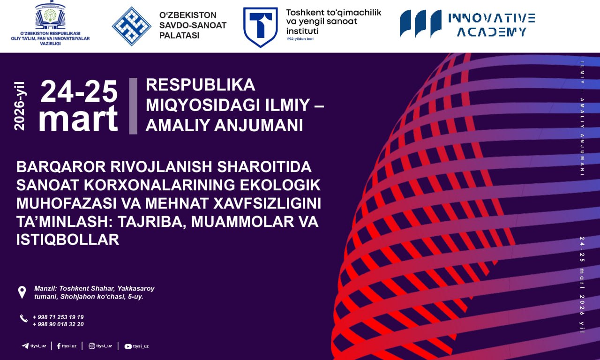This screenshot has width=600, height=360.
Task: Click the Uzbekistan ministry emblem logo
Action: [x=50, y=17]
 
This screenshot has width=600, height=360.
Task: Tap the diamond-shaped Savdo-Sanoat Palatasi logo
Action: [x=131, y=26]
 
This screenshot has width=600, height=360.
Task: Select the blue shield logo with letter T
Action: [x=260, y=27]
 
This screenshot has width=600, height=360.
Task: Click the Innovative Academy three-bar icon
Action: [x=420, y=23]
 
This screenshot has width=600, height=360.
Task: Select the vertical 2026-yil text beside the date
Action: [x=20, y=106]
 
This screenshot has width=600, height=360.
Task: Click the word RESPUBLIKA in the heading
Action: [x=201, y=85]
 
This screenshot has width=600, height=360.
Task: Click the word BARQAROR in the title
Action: [x=51, y=167]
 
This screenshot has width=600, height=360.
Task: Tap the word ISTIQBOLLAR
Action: [x=67, y=240]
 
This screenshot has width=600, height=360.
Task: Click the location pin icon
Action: [x=22, y=292]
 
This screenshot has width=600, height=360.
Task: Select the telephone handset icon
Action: [x=24, y=319]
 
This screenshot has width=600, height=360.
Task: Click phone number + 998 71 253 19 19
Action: [x=58, y=317]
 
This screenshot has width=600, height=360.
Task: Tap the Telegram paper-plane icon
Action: [x=25, y=346]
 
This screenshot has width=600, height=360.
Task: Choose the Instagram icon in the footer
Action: [x=91, y=346]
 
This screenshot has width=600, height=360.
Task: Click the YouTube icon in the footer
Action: [x=128, y=346]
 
